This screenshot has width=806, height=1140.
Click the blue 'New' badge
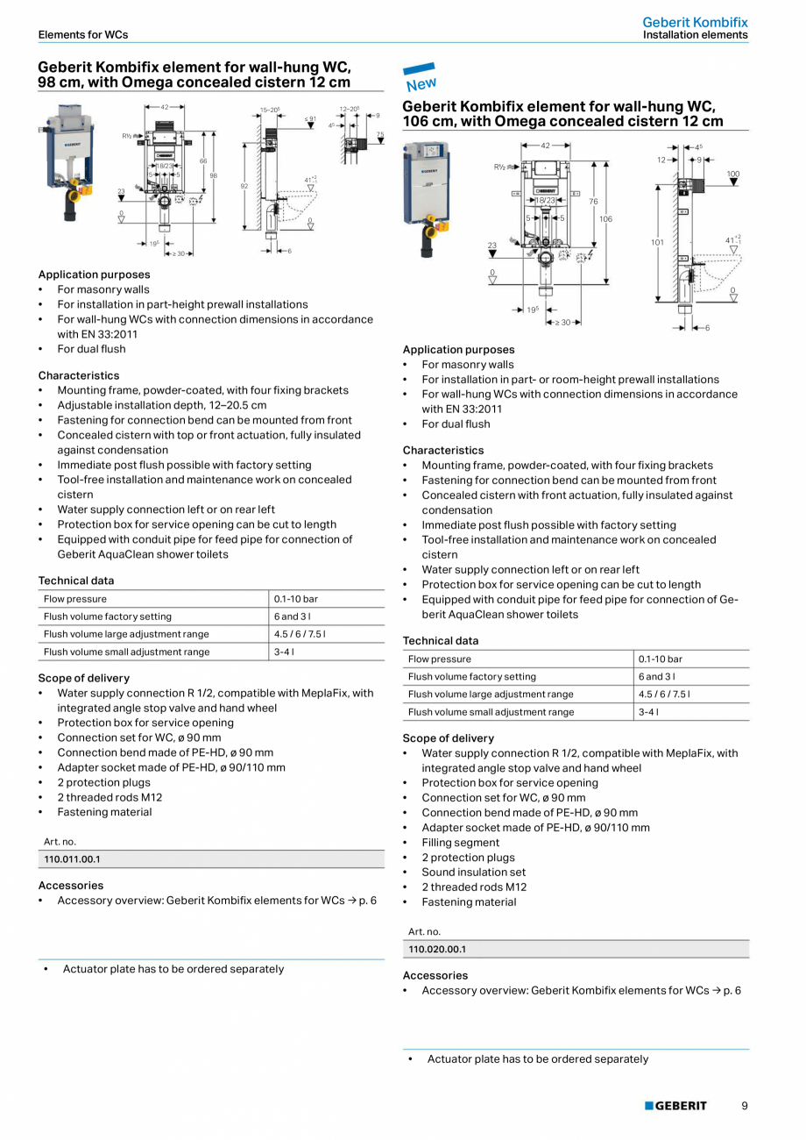coord(420,78)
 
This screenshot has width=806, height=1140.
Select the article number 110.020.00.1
coord(436,949)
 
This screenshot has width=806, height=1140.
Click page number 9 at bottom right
coord(744,1106)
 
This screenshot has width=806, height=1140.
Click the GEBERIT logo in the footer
coord(675,1106)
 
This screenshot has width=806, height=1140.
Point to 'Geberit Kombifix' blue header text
coord(695,22)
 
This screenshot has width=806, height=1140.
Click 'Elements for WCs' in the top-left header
coord(83,35)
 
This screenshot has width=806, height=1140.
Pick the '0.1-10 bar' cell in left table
coord(295,599)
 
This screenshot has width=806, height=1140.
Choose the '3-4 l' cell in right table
coord(649,712)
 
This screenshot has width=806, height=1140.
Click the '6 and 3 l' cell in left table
coord(292,616)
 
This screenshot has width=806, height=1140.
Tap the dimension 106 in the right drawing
coord(605,219)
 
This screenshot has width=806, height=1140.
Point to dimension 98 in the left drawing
coord(213,175)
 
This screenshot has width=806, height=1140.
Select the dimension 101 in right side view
coord(658,242)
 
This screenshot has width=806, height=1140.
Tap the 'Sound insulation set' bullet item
coord(473,873)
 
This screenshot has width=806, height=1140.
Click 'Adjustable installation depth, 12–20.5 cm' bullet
coord(161,405)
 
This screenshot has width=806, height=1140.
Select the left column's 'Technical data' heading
coord(75,581)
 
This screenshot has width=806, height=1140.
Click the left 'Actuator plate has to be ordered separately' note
coord(173,969)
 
